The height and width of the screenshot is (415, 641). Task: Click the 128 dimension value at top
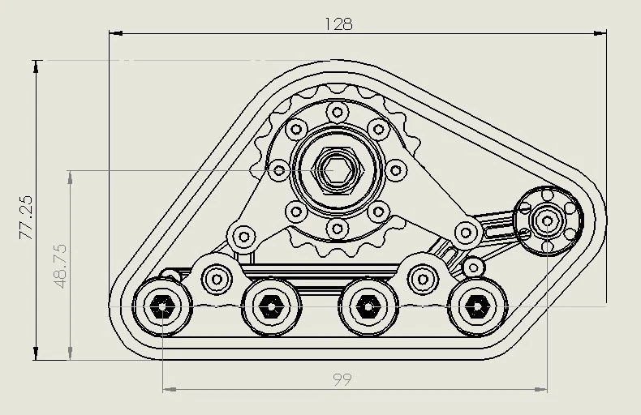(338, 24)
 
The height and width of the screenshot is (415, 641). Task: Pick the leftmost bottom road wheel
(163, 306)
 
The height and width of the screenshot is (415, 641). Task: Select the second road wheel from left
(270, 307)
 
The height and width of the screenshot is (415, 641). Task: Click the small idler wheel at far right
(548, 220)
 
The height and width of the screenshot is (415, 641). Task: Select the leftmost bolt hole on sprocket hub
(279, 170)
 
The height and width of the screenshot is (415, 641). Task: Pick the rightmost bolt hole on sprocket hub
(396, 170)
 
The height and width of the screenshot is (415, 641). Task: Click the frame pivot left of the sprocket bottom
(242, 237)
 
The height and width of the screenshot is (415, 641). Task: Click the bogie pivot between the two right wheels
(421, 279)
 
